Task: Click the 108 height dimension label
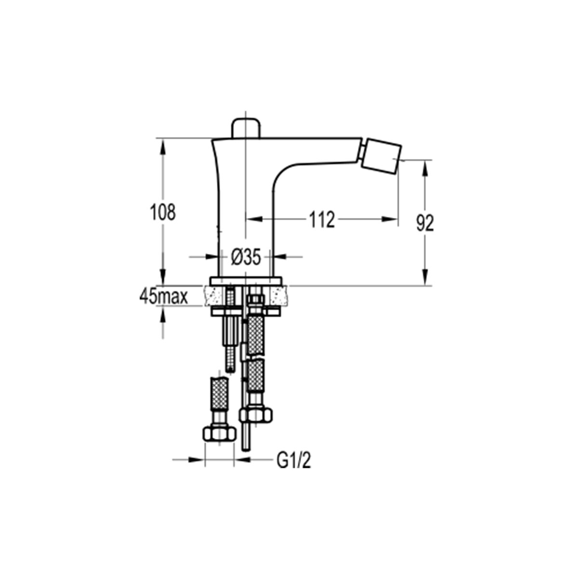click(163, 212)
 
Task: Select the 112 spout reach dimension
click(322, 220)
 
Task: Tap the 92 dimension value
click(425, 223)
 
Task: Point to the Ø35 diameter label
click(246, 257)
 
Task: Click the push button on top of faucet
click(246, 129)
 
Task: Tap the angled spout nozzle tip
click(381, 156)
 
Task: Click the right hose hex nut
click(256, 415)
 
